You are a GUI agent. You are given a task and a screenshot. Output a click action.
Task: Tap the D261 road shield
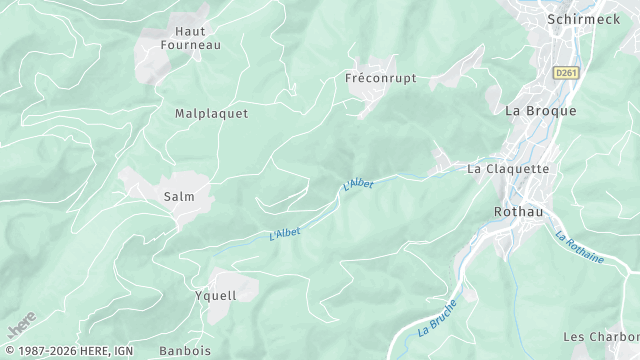pyautogui.click(x=567, y=73)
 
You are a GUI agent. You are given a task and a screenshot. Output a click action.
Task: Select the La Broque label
pyautogui.click(x=540, y=111)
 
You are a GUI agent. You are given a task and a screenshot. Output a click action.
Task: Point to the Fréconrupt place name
pyautogui.click(x=380, y=77)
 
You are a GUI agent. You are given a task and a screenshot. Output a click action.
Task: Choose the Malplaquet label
pyautogui.click(x=211, y=114)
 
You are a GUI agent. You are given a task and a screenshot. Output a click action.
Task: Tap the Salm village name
pyautogui.click(x=179, y=197)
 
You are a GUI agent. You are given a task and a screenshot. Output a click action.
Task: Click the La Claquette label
pyautogui.click(x=508, y=169)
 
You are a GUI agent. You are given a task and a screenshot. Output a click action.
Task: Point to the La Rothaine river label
pyautogui.click(x=580, y=247)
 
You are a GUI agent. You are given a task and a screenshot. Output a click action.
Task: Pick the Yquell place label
pyautogui.click(x=215, y=296)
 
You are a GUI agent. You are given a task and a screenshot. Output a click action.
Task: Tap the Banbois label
pyautogui.click(x=184, y=351)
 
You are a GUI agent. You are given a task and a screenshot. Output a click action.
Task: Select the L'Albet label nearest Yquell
pyautogui.click(x=285, y=233)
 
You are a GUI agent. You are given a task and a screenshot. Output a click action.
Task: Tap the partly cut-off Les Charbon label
pyautogui.click(x=600, y=337)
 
